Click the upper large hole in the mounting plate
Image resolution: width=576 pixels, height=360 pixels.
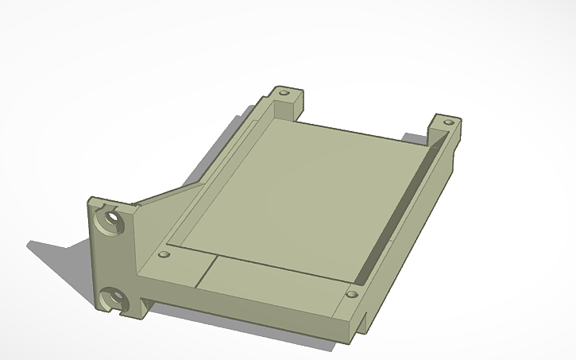coord(110,218)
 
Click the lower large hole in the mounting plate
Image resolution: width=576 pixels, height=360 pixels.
coord(116,300)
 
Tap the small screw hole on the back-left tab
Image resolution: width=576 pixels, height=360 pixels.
coord(284,92)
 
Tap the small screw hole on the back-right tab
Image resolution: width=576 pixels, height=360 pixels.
coord(448,123)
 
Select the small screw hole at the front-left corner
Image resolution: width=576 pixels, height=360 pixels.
coord(164,255)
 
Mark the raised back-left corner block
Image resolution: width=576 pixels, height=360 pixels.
coord(286,99)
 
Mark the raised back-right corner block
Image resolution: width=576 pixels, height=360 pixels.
coord(445,131)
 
